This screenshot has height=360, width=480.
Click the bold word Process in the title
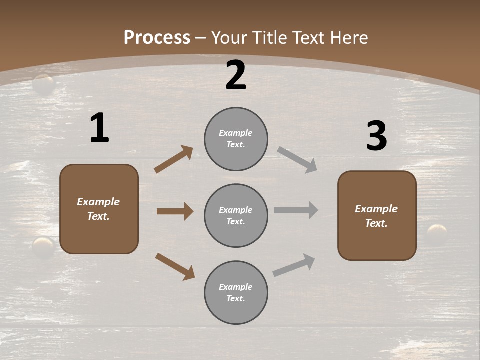pyautogui.click(x=157, y=38)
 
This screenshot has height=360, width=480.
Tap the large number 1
pyautogui.click(x=99, y=128)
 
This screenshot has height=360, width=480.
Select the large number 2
pyautogui.click(x=236, y=75)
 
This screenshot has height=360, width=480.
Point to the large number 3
pyautogui.click(x=376, y=136)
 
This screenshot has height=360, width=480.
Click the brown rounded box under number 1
pyautogui.click(x=99, y=209)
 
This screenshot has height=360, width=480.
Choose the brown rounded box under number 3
pyautogui.click(x=377, y=216)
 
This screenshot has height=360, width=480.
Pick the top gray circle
pyautogui.click(x=236, y=139)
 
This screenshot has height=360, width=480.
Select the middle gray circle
pyautogui.click(x=236, y=216)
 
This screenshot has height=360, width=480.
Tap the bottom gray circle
pyautogui.click(x=236, y=293)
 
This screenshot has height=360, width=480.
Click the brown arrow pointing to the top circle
pyautogui.click(x=174, y=159)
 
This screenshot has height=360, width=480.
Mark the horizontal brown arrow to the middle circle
pyautogui.click(x=175, y=211)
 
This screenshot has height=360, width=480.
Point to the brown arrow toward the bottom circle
pyautogui.click(x=175, y=266)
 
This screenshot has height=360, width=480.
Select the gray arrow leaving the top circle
pyautogui.click(x=297, y=160)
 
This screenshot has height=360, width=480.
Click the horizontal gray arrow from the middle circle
pyautogui.click(x=296, y=210)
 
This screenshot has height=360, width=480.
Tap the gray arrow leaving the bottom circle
pyautogui.click(x=294, y=265)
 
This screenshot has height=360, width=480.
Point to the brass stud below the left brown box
pyautogui.click(x=43, y=247)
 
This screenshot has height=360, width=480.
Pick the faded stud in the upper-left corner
pyautogui.click(x=44, y=84)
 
